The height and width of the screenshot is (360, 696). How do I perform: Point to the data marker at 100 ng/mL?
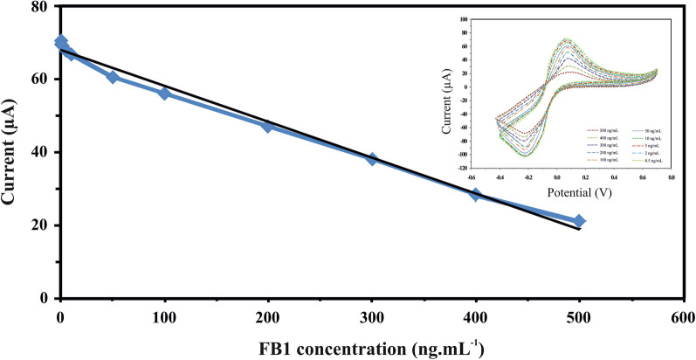point(164,93)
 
